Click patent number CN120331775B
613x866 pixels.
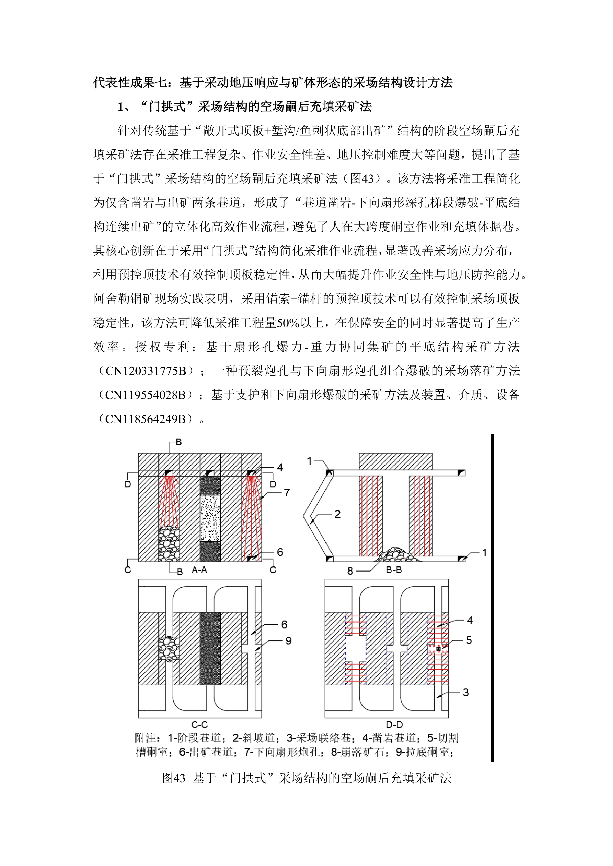click(x=146, y=371)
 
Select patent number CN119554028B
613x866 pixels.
click(x=146, y=395)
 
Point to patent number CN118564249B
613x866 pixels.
click(x=146, y=419)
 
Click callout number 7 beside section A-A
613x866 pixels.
click(x=287, y=493)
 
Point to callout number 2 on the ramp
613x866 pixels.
click(x=337, y=514)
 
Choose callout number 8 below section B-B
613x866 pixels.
click(x=350, y=571)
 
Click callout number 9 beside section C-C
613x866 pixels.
click(x=288, y=641)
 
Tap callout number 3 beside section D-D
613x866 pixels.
click(x=466, y=692)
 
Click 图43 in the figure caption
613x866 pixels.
click(x=174, y=778)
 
